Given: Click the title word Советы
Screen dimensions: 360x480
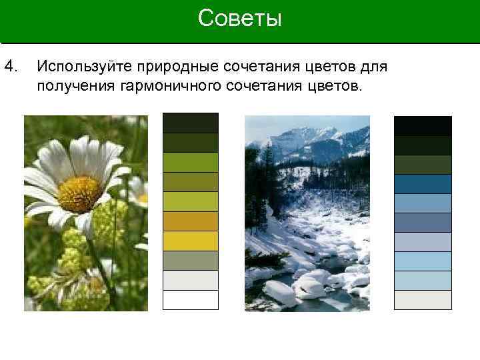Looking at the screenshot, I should click(240, 19).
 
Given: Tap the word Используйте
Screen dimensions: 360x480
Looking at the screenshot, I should click(85, 67).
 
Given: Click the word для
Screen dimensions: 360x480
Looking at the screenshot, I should click(374, 67).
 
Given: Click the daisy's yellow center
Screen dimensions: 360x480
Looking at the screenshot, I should click(79, 193).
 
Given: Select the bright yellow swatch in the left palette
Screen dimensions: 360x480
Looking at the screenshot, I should click(191, 241).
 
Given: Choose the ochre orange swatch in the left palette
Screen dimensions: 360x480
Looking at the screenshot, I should click(191, 221).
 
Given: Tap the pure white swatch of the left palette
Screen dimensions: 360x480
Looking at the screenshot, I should click(191, 300).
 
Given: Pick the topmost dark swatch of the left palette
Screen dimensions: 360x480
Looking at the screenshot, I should click(191, 123).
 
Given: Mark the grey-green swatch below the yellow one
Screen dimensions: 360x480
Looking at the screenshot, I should click(191, 261).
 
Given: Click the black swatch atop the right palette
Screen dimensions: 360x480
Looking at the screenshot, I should click(423, 126).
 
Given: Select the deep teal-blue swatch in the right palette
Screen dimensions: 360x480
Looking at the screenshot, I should click(423, 184).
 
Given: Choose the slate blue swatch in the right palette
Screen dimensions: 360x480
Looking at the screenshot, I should click(423, 223).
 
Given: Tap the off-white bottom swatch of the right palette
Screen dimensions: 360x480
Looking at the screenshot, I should click(423, 299).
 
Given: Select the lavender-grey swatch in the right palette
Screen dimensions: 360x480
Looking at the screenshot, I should click(423, 242).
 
